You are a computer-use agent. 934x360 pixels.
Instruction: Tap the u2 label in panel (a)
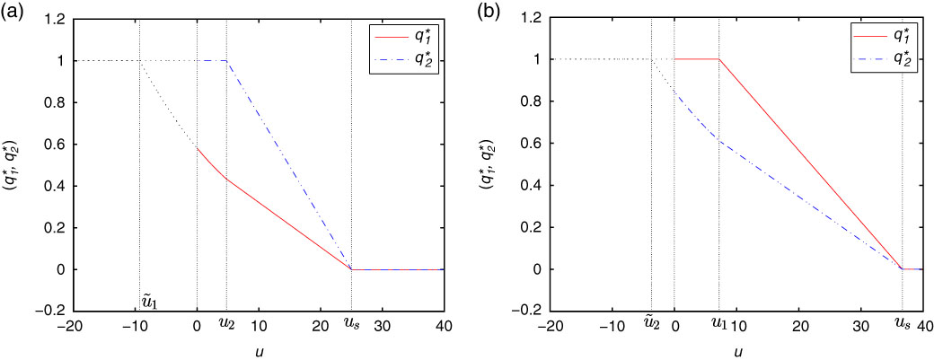pos(227,320)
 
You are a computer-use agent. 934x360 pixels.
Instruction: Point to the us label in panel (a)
pos(351,320)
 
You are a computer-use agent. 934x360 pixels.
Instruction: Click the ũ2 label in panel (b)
pos(652,320)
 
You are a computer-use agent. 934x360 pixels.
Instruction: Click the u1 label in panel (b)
pos(718,320)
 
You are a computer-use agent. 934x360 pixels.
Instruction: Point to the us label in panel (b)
pos(902,320)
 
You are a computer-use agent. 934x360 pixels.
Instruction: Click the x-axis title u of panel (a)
pos(259,351)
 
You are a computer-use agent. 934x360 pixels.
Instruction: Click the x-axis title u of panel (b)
pos(737,351)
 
